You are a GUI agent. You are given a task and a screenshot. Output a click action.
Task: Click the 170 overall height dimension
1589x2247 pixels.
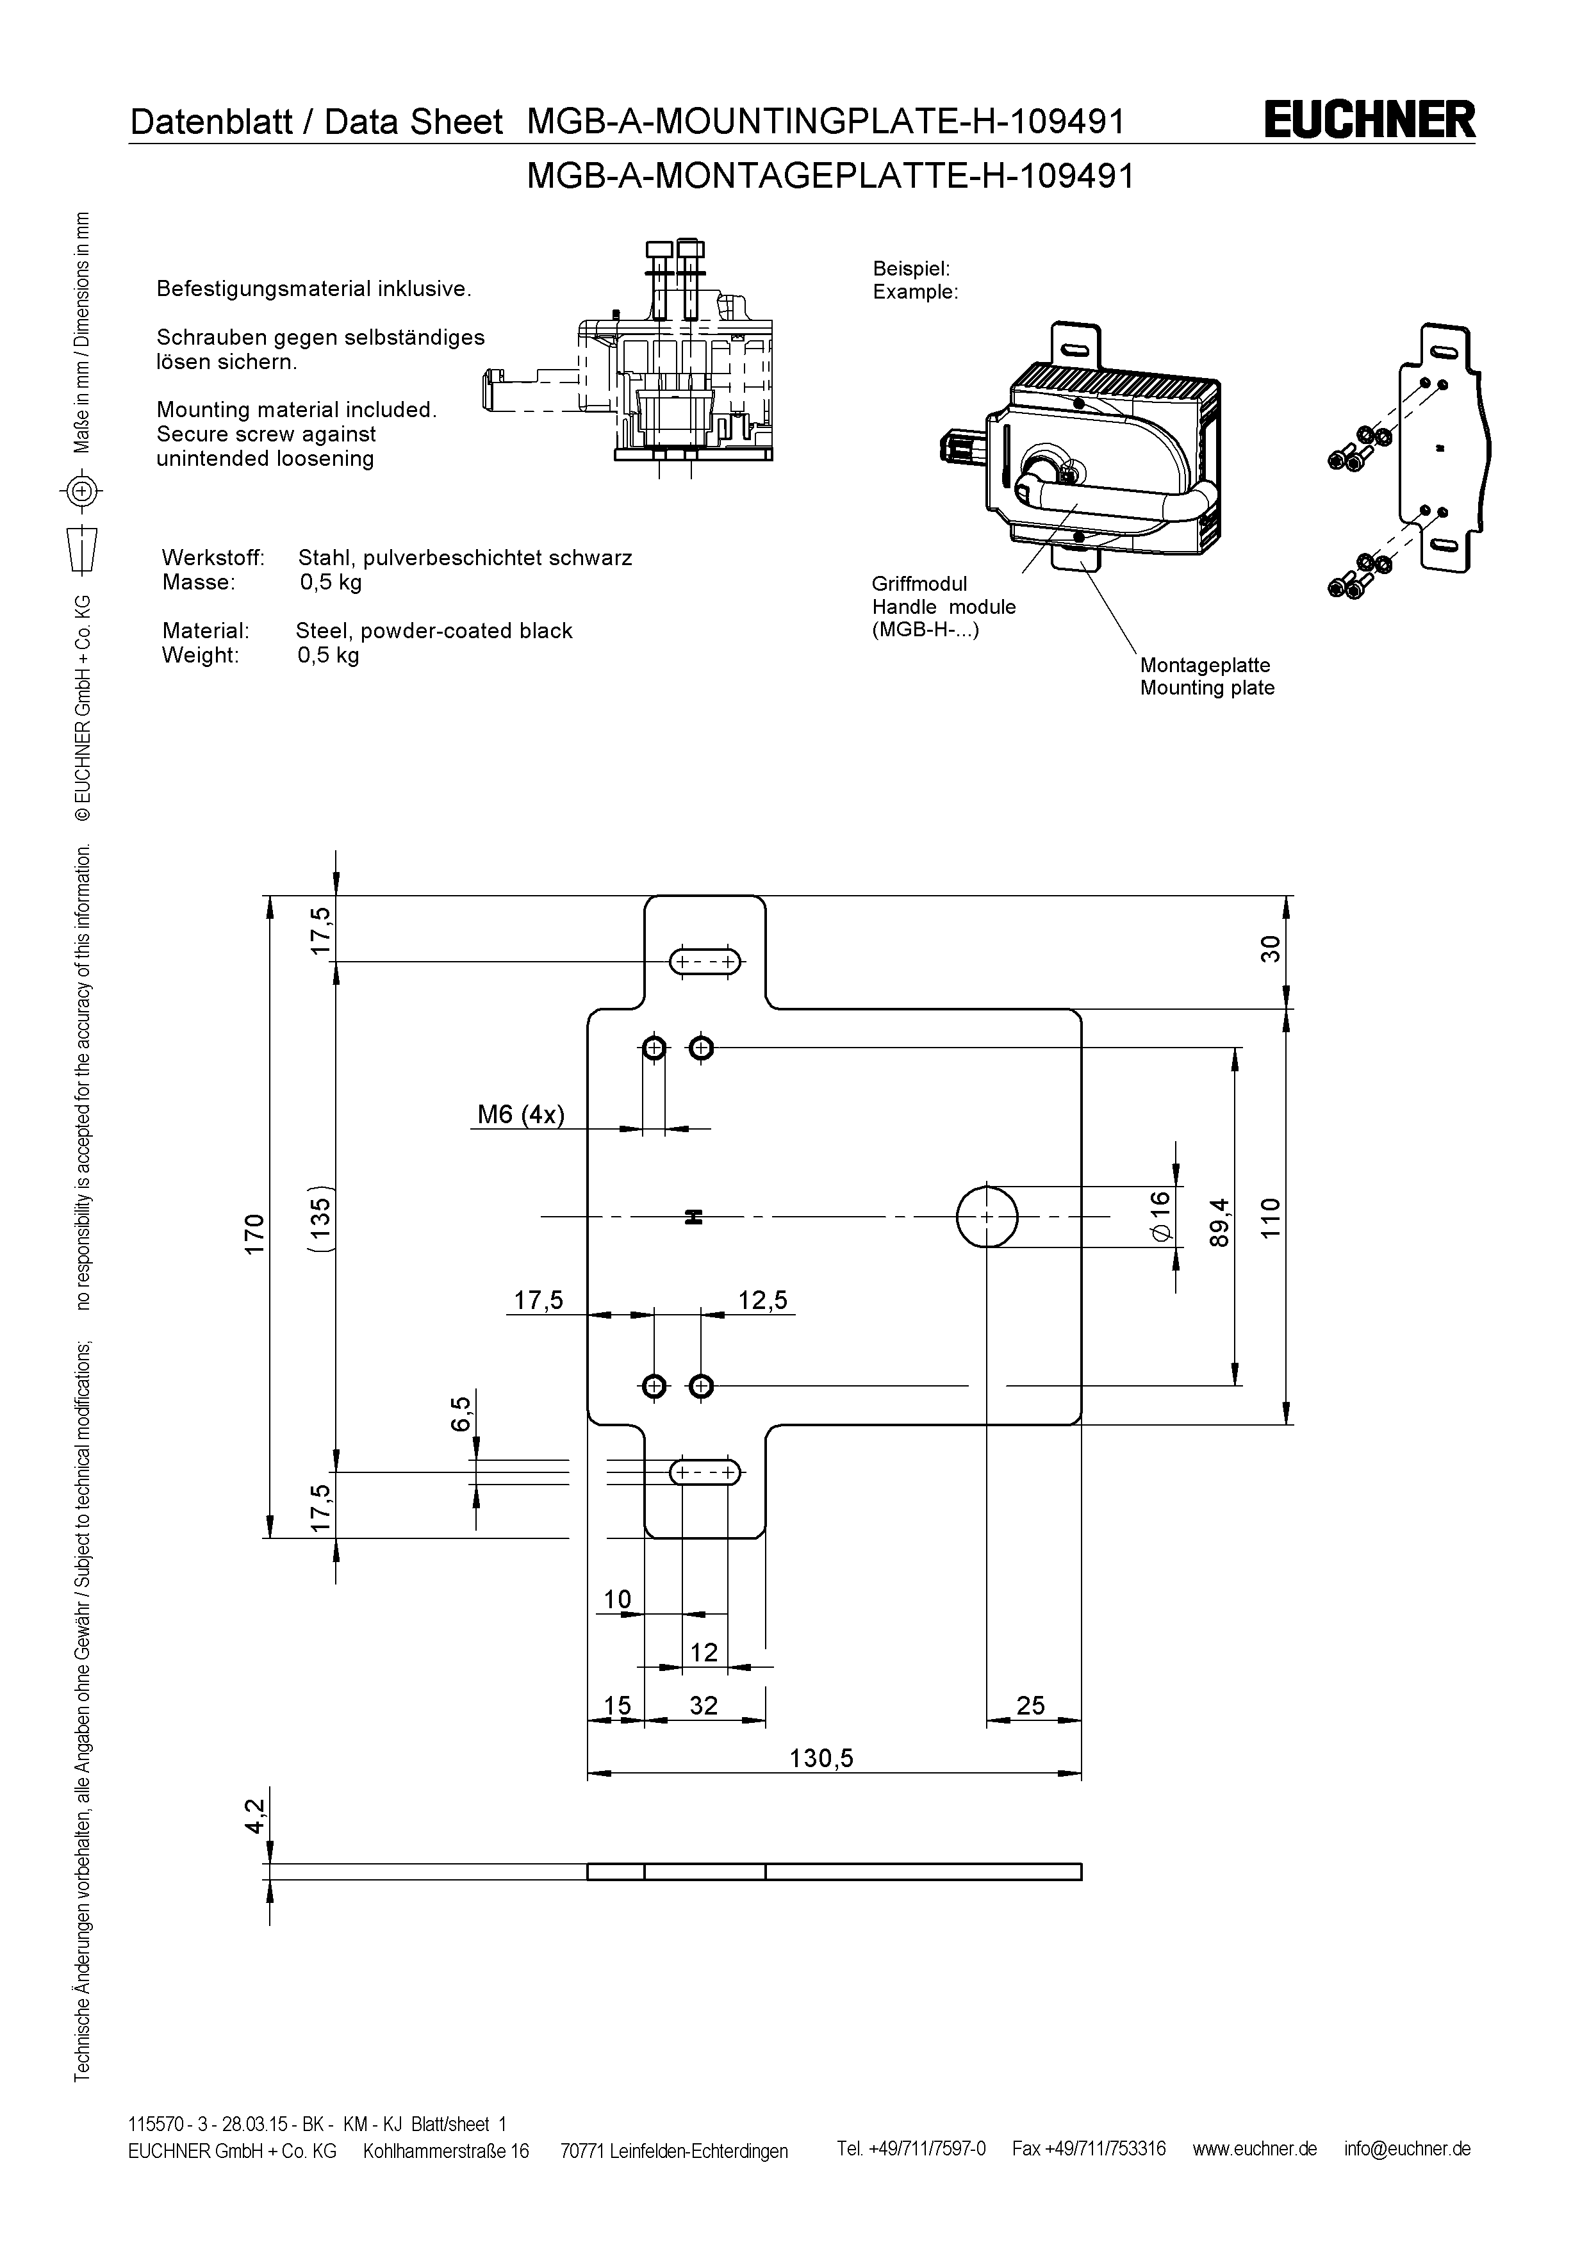click(254, 1233)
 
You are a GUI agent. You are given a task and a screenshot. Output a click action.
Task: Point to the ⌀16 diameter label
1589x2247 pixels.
click(1160, 1217)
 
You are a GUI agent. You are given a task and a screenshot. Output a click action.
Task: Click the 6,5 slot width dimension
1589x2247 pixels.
click(461, 1413)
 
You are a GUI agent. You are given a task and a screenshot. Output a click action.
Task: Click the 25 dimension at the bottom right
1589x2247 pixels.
click(1030, 1706)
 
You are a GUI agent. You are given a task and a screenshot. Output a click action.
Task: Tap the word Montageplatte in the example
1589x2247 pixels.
click(1205, 666)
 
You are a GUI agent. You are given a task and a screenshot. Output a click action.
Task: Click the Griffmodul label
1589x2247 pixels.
click(919, 584)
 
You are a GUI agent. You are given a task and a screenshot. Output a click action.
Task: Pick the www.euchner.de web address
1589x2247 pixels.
click(1255, 2149)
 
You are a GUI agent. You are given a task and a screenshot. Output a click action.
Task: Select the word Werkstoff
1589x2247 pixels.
click(212, 558)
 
